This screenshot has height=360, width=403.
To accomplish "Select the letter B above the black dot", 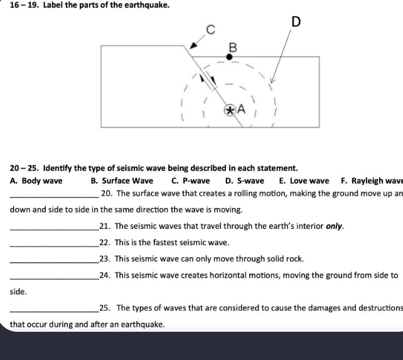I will pos(233,47).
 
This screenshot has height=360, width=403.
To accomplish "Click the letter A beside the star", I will pos(240,110).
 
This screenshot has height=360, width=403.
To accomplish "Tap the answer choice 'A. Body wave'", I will pos(36,181).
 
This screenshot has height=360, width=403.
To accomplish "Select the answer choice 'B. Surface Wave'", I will pos(122,181).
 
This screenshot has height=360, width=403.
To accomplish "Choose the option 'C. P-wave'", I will pos(191,181).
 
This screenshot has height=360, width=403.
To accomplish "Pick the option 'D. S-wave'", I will pos(245,181).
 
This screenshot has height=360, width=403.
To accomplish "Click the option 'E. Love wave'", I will pos(304,181).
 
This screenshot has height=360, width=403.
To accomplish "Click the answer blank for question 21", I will pos(54,226).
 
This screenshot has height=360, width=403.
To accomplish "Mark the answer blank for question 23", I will pos(54,259).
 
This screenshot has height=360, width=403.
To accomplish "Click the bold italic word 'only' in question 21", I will pos(333,226).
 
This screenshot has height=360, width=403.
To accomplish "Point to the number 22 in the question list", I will pos(105,242).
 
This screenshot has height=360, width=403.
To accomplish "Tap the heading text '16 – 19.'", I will pos(23,6).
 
